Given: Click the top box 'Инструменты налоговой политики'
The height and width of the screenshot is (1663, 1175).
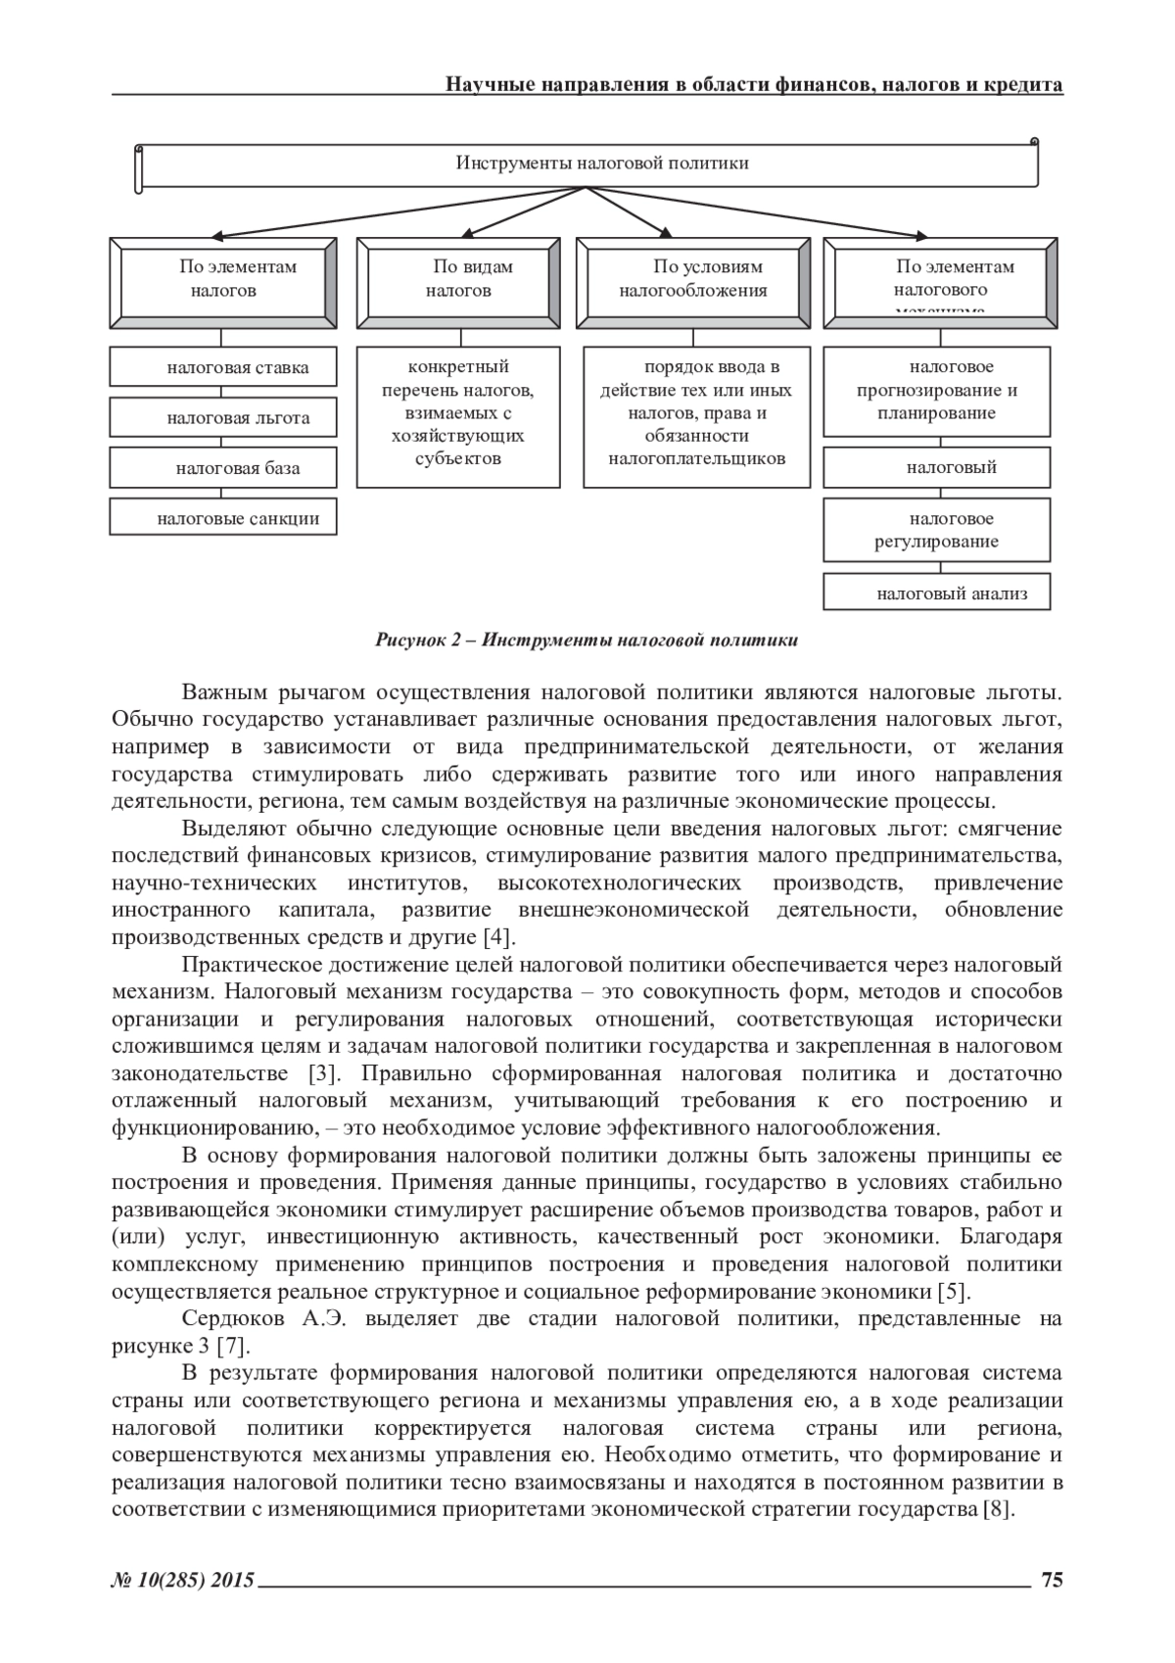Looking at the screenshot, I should pos(587,164).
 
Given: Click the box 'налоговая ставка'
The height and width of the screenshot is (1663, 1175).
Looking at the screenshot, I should pos(223,368).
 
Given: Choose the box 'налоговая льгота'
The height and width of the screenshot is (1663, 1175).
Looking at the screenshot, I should pos(223,418).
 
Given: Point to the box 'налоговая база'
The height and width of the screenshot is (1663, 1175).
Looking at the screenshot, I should pos(223,468).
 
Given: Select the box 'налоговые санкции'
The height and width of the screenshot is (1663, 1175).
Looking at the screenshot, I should pos(223,518).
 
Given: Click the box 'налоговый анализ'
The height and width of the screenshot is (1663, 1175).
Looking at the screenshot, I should pos(937,593).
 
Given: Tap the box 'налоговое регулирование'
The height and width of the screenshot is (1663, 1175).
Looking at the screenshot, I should pos(937,530).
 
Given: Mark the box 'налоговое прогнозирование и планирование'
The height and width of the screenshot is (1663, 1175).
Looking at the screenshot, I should pos(937,391).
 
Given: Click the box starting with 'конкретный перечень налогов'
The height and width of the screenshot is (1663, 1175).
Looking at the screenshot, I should pos(459,416).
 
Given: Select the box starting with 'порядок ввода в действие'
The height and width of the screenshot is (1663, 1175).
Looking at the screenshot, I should pos(697,416).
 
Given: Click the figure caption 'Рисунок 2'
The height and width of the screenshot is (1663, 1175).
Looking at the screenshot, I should pos(587,641).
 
